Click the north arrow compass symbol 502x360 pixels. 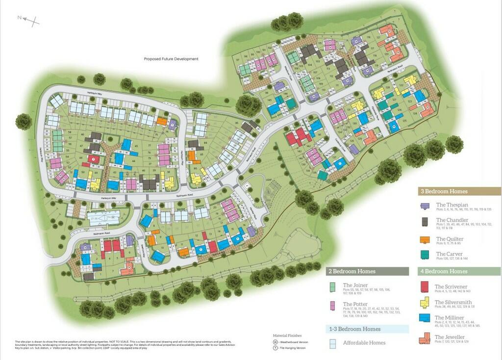coord(28,20)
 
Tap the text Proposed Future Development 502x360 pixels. coord(171,59)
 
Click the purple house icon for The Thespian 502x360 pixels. coord(426,206)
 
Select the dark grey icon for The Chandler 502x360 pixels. coord(426,223)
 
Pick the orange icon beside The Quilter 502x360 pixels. coord(426,239)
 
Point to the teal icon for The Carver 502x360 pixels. coord(426,255)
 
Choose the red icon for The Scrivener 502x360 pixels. coord(426,287)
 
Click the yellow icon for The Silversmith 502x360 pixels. coord(426,303)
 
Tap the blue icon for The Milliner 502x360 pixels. coord(426,320)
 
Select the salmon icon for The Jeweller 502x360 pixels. coord(426,338)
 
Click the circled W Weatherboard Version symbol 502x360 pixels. coord(276,342)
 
